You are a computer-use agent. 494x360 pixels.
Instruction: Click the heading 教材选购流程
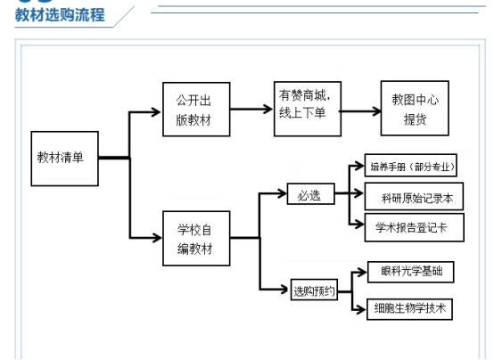60,15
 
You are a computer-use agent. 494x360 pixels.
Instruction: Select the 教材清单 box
64,159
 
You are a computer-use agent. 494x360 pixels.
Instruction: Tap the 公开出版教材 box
196,110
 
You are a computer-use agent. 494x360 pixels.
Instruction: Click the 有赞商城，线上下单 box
308,109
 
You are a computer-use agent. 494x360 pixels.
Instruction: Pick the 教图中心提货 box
415,109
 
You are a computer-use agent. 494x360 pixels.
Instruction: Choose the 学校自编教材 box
196,239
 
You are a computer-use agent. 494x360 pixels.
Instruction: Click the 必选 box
310,193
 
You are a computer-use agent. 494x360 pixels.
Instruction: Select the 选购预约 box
314,290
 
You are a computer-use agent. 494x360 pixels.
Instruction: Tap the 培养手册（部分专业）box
410,166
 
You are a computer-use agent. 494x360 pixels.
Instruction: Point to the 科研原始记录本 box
414,196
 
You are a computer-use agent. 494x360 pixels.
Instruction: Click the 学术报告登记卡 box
415,227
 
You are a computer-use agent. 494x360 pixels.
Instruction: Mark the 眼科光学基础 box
410,272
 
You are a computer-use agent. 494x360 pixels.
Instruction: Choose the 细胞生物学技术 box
409,309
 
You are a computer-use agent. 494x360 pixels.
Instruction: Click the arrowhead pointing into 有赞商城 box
268,110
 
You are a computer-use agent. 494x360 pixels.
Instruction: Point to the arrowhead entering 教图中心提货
376,110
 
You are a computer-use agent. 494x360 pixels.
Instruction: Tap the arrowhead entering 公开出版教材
157,112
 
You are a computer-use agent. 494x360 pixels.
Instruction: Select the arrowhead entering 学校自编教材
157,238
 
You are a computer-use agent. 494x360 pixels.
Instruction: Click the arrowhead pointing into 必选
282,193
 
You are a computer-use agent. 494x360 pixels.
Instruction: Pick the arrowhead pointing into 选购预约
284,289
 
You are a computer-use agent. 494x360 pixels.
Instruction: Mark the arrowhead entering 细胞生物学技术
361,309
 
